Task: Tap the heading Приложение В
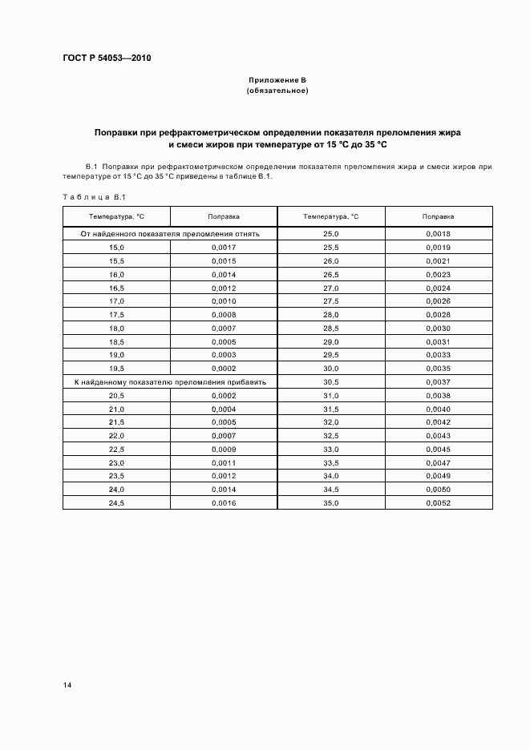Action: pyautogui.click(x=277, y=80)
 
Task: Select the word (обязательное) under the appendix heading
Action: pyautogui.click(x=277, y=91)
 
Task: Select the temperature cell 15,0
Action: pyautogui.click(x=117, y=248)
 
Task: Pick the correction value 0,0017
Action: pyautogui.click(x=224, y=248)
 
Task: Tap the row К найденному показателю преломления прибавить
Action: pyautogui.click(x=170, y=382)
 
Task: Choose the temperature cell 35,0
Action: pyautogui.click(x=331, y=502)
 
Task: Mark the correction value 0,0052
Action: pyautogui.click(x=439, y=502)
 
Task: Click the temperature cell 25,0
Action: pyautogui.click(x=331, y=234)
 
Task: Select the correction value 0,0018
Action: pyautogui.click(x=439, y=234)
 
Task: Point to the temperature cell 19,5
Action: pyautogui.click(x=117, y=369)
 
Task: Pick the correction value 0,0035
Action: pyautogui.click(x=439, y=369)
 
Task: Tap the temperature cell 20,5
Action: pyautogui.click(x=117, y=395)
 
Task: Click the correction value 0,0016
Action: pyautogui.click(x=224, y=502)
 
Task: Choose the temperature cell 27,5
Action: pyautogui.click(x=331, y=301)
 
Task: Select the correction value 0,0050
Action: pyautogui.click(x=439, y=489)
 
